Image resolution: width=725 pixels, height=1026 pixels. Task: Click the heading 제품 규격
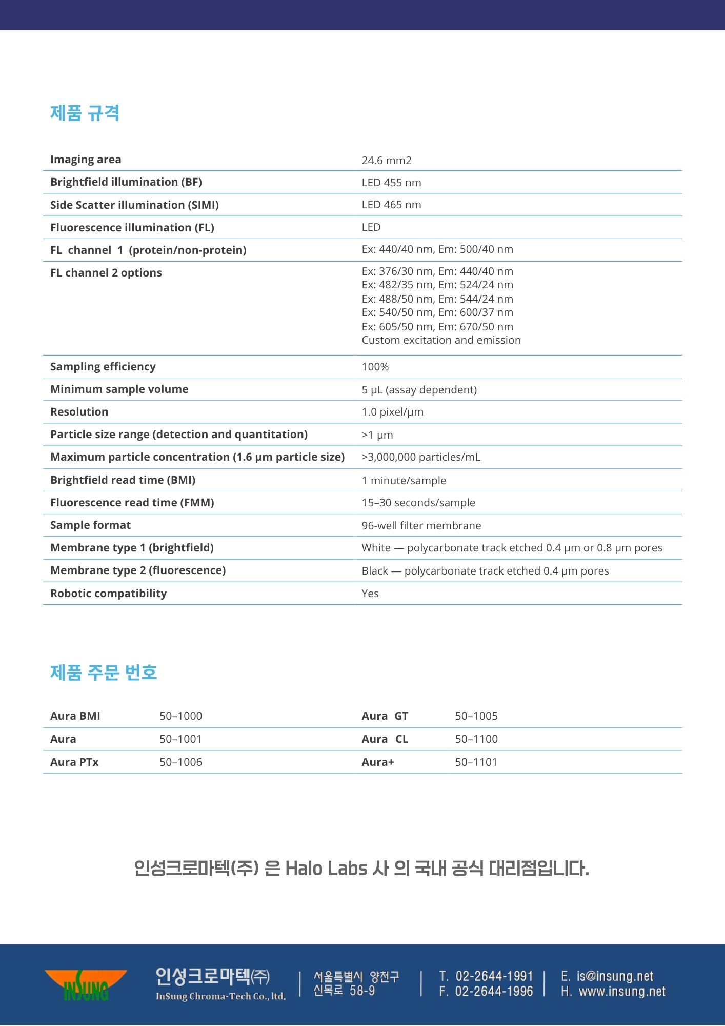coord(85,113)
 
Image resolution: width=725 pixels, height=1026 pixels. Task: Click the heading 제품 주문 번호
coord(104,672)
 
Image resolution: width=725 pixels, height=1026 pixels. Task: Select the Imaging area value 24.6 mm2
coord(387,161)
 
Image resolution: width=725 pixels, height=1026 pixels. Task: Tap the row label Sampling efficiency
coord(103,367)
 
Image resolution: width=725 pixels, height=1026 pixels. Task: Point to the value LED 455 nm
coord(391,183)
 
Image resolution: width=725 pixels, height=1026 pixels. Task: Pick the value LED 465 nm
coord(391,205)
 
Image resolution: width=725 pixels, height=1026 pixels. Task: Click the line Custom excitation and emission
coord(441,340)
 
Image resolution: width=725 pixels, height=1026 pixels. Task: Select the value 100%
coord(375,367)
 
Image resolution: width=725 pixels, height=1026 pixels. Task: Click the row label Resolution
coord(79,412)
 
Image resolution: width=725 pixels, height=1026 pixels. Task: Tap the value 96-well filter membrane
coord(421,526)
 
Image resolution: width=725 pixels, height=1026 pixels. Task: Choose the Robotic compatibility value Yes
coord(370,594)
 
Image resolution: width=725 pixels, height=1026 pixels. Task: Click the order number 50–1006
coord(180,762)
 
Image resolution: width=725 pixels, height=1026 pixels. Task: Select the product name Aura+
coord(378,762)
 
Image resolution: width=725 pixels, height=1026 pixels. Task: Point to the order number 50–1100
coord(476,739)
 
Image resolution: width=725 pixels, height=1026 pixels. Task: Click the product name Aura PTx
coord(74,762)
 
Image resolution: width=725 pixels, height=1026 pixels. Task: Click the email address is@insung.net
coord(615,976)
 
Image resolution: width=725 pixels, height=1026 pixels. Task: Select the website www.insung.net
coord(622,992)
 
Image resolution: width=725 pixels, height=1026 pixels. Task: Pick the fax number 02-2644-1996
coord(494,992)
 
